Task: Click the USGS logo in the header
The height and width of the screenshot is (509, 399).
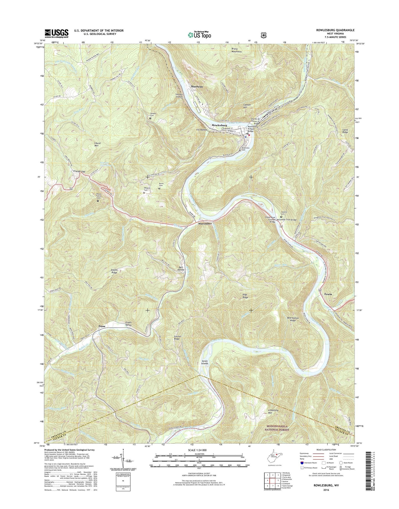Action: tap(57, 33)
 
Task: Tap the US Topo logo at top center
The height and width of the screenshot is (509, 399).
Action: tap(199, 35)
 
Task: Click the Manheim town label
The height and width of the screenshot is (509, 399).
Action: tap(197, 86)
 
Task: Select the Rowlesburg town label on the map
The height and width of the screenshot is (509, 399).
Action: tap(219, 125)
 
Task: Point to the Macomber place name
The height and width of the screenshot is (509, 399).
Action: tap(204, 223)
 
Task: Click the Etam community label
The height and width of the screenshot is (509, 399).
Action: tap(102, 326)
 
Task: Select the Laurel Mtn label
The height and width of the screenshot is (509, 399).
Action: tap(95, 144)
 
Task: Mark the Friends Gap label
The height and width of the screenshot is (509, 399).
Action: tap(79, 171)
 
